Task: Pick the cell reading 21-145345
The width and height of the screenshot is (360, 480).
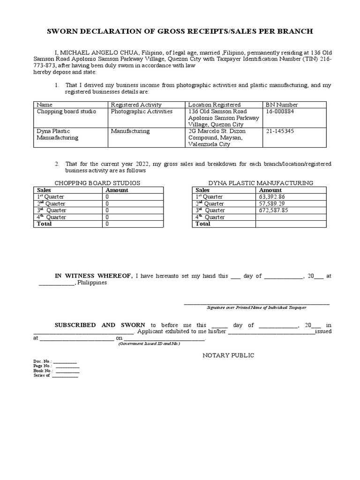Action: tap(280, 132)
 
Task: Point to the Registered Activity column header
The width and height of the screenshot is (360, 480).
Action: tap(136, 105)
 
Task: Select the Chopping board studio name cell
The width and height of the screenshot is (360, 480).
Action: tap(66, 112)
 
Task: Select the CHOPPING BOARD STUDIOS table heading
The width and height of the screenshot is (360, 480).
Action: tap(97, 183)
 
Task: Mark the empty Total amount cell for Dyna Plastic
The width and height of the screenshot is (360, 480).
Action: tap(291, 224)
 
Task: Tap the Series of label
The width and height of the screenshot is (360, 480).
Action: tap(42, 375)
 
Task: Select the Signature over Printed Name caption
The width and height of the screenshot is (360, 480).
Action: tap(256, 307)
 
